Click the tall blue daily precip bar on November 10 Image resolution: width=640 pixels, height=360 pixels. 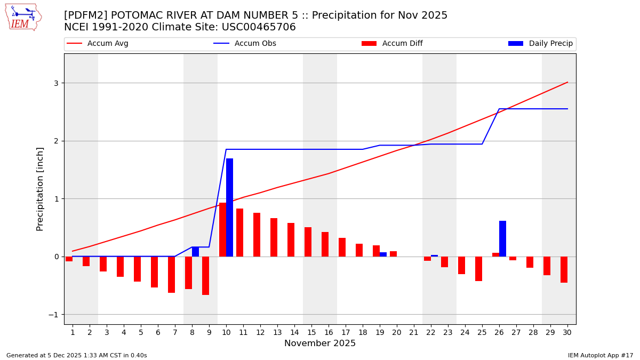tap(229, 207)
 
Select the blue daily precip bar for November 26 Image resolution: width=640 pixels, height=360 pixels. tap(502, 238)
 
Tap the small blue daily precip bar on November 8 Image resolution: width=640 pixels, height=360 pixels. tap(195, 252)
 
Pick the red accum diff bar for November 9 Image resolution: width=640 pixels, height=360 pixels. tap(205, 276)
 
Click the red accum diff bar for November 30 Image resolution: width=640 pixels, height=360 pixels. tap(564, 269)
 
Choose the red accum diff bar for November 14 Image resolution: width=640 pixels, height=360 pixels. tap(291, 239)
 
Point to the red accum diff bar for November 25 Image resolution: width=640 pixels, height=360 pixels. tap(478, 269)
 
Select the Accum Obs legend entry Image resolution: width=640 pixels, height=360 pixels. tap(255, 44)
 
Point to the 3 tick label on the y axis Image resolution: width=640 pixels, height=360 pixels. tap(55, 83)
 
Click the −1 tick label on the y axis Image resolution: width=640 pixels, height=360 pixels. tap(53, 315)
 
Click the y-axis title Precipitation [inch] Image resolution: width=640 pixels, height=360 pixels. tap(40, 189)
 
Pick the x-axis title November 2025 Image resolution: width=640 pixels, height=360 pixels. tap(320, 343)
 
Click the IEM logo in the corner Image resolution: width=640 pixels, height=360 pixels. tap(23, 17)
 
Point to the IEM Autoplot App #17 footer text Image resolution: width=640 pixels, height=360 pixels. tap(601, 355)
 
